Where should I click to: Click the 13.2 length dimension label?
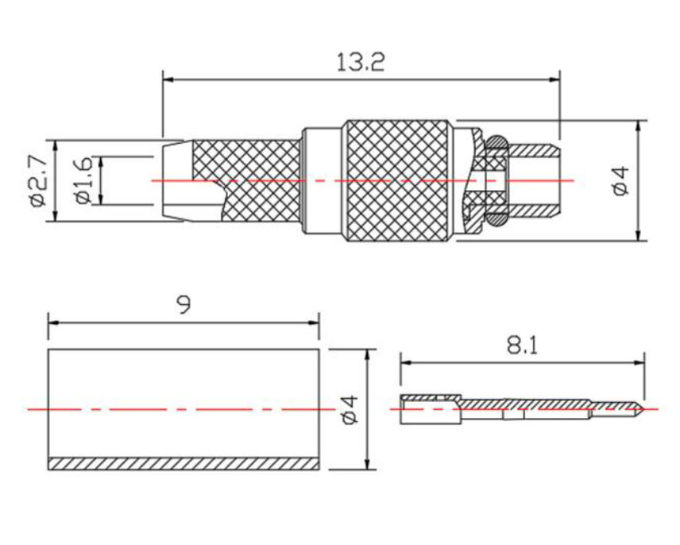[x=361, y=63]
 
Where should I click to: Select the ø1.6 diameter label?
[x=83, y=180]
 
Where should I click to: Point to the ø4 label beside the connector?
[x=621, y=180]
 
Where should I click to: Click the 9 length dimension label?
[x=184, y=305]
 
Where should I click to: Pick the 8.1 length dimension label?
[x=522, y=346]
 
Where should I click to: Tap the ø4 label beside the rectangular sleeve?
[x=350, y=409]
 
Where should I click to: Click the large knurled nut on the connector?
[x=398, y=180]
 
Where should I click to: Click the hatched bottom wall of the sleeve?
[x=184, y=463]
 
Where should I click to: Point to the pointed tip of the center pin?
[x=643, y=409]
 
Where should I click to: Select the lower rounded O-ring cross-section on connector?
[x=496, y=219]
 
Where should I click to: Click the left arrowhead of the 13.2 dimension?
[x=168, y=79]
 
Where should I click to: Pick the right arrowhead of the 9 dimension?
[x=314, y=323]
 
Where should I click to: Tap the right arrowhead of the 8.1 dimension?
[x=639, y=362]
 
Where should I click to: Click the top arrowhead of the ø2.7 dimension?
[x=55, y=145]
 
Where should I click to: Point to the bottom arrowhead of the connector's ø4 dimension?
[x=638, y=235]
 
